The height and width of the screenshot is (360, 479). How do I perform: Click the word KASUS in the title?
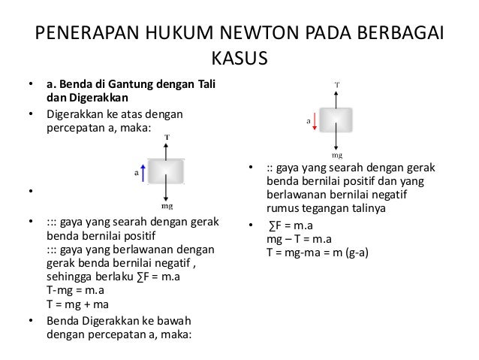(x=239, y=59)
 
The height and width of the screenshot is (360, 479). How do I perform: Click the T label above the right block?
(x=336, y=84)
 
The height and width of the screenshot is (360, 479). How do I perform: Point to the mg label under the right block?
(x=337, y=156)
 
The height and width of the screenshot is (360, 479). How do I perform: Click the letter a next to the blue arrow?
(x=136, y=172)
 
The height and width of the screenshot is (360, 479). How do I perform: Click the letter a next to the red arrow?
(x=308, y=119)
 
